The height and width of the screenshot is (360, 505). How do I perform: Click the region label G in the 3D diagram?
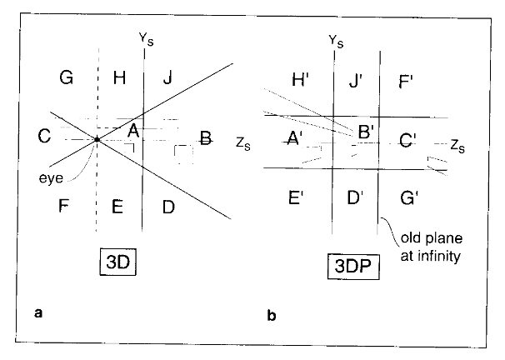tap(67, 78)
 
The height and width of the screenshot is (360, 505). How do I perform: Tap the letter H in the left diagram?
tap(120, 78)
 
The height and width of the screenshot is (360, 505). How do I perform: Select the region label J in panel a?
tap(168, 78)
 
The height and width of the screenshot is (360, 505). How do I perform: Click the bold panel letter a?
tap(38, 313)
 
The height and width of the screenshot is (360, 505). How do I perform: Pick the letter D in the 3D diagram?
tap(168, 207)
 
